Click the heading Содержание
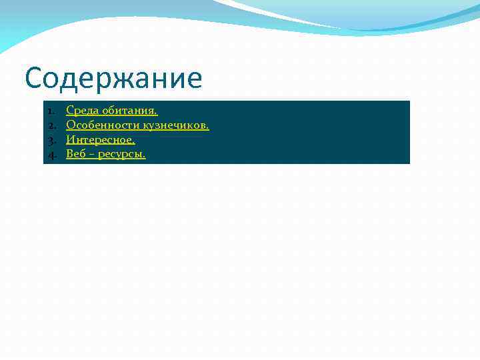pyautogui.click(x=113, y=79)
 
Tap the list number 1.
pyautogui.click(x=51, y=110)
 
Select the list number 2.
pyautogui.click(x=51, y=125)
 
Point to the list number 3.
pyautogui.click(x=51, y=140)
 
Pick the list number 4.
pyautogui.click(x=51, y=155)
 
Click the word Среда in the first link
pyautogui.click(x=82, y=110)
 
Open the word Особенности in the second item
pyautogui.click(x=103, y=125)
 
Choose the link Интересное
pyautogui.click(x=100, y=140)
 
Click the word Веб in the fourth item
pyautogui.click(x=76, y=155)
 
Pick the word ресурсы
pyautogui.click(x=123, y=155)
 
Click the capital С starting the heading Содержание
pyautogui.click(x=35, y=79)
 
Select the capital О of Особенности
pyautogui.click(x=71, y=125)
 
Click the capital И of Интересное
pyautogui.click(x=71, y=140)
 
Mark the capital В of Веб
pyautogui.click(x=69, y=155)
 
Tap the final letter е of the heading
pyautogui.click(x=193, y=81)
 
